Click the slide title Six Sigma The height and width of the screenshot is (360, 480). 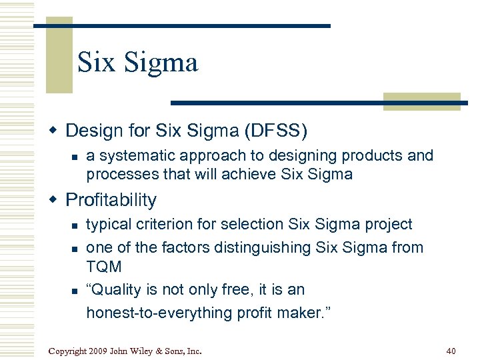pos(137,63)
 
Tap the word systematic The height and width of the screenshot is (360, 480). pos(133,156)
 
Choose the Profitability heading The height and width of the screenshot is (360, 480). pos(111,200)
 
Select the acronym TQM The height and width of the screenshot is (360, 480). pos(104,267)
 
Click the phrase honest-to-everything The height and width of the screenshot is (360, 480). pos(166,313)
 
